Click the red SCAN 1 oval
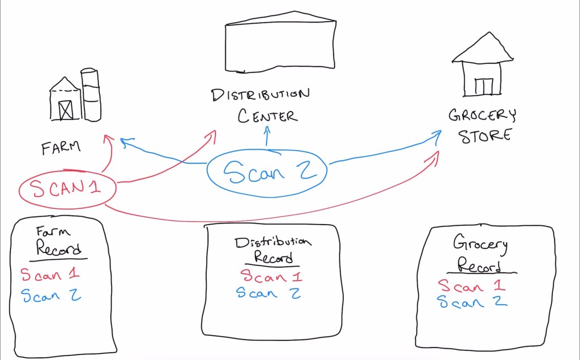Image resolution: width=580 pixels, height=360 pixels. pyautogui.click(x=67, y=189)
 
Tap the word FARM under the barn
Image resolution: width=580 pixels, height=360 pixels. pyautogui.click(x=61, y=148)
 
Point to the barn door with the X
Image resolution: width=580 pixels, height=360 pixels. pyautogui.click(x=66, y=109)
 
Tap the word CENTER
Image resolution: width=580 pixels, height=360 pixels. pyautogui.click(x=267, y=116)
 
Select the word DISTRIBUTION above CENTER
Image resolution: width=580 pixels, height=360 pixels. pyautogui.click(x=261, y=95)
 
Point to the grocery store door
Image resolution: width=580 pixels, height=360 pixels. pyautogui.click(x=484, y=86)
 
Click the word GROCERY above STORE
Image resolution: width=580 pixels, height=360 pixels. pyautogui.click(x=482, y=116)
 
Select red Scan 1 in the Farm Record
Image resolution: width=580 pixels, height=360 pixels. pyautogui.click(x=50, y=275)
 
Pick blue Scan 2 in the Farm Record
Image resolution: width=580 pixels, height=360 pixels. pyautogui.click(x=51, y=295)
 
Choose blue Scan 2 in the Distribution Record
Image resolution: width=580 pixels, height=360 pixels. pyautogui.click(x=268, y=293)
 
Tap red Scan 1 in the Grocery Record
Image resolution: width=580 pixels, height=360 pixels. pyautogui.click(x=471, y=286)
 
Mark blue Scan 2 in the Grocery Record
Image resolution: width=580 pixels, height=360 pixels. pyautogui.click(x=472, y=302)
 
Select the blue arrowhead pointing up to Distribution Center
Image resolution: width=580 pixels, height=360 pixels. pyautogui.click(x=267, y=130)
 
